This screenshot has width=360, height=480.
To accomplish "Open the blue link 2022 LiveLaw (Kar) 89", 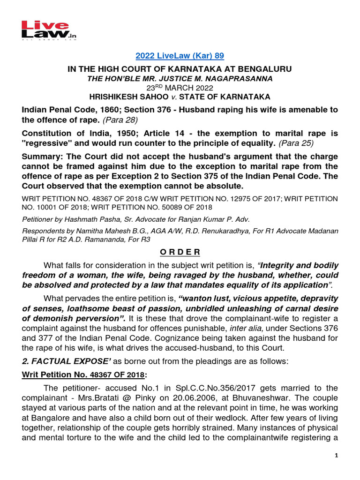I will click(180, 56).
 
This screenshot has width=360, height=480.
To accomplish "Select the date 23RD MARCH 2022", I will click(180, 88).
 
